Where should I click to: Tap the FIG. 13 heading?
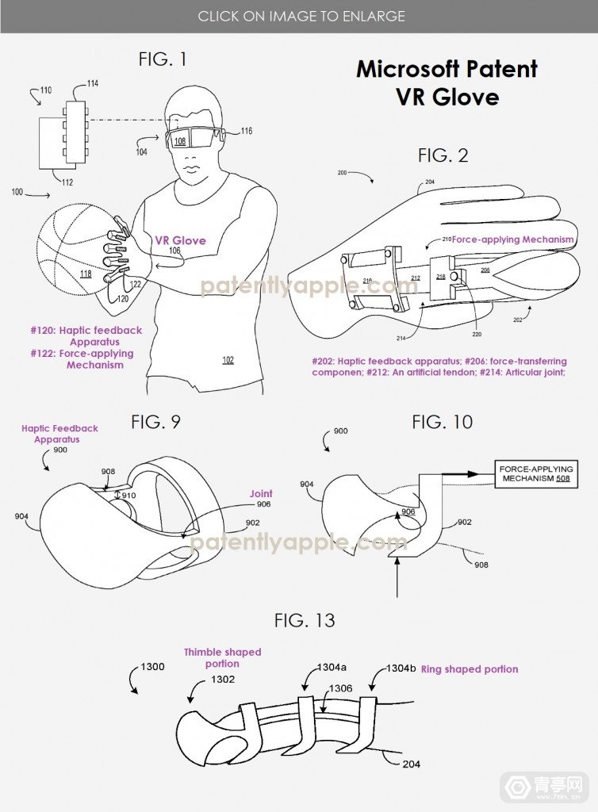coord(305,619)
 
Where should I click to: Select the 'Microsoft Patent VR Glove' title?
coord(447,82)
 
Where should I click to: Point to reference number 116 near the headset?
coord(247,131)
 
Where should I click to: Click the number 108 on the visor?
coord(180,142)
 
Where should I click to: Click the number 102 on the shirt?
coord(228,359)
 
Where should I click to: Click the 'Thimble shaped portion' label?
coord(223,657)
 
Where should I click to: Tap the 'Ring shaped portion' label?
coord(469,669)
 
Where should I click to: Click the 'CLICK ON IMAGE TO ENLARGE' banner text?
coord(301,16)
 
